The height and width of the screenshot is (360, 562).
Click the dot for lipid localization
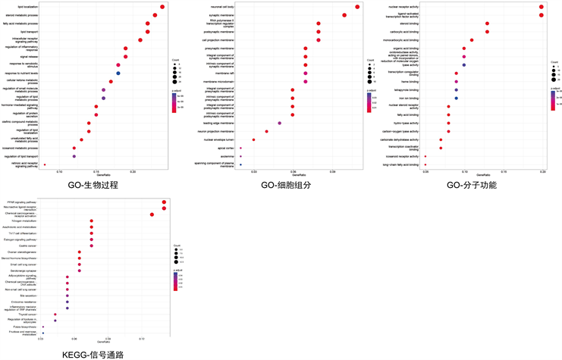click(x=162, y=7)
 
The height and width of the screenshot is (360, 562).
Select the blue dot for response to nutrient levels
click(x=118, y=73)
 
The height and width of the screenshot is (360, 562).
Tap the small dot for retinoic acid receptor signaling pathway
click(x=45, y=164)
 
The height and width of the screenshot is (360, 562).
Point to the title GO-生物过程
click(x=93, y=185)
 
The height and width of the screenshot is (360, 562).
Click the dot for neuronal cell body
click(x=357, y=7)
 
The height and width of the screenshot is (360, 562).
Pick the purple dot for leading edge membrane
click(x=280, y=123)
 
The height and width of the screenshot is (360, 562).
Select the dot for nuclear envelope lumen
click(x=253, y=139)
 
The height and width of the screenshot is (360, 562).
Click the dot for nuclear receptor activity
click(x=541, y=7)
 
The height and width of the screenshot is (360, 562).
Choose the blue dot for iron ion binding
click(x=456, y=99)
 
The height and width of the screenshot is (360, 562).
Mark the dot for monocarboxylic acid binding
click(x=472, y=40)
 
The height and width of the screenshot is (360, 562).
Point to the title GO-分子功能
click(x=473, y=185)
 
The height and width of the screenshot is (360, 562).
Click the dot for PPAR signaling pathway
click(x=164, y=202)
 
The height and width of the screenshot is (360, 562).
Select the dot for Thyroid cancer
click(x=55, y=314)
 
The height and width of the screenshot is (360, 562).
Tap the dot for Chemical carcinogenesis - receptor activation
click(x=152, y=214)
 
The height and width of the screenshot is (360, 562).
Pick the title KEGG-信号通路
click(x=93, y=354)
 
